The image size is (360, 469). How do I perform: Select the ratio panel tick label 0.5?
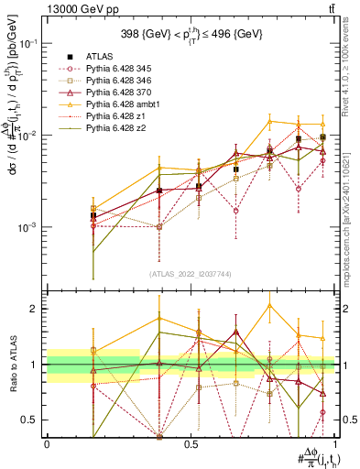pos(31,420)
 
